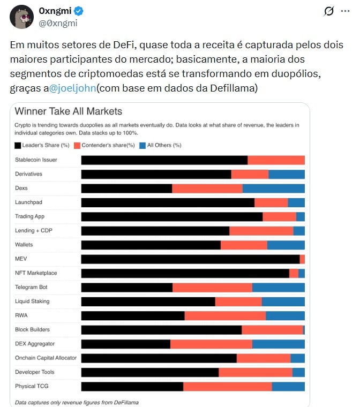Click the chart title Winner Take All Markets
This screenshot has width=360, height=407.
point(69,111)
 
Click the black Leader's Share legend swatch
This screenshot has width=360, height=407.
point(18,145)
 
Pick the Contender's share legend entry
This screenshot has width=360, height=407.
point(104,145)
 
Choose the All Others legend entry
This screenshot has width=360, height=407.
point(160,145)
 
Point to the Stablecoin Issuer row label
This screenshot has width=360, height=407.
point(36,160)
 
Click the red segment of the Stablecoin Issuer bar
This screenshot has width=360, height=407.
point(276,160)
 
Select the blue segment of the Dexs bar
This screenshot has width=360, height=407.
point(273,189)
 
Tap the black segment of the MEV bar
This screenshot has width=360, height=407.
point(190,259)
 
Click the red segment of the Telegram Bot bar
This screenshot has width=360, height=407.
point(212,288)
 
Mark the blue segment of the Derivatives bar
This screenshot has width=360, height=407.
point(287,174)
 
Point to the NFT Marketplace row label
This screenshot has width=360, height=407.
point(36,273)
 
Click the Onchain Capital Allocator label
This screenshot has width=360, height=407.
point(46,358)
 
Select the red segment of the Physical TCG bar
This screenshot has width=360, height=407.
point(227,386)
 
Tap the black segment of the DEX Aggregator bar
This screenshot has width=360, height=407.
point(125,344)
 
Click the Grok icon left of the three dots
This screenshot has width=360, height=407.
point(329,11)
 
